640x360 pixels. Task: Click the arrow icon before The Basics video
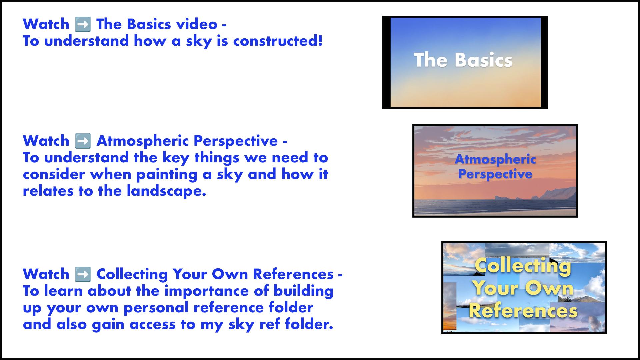83,25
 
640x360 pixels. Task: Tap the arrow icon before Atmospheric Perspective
83,141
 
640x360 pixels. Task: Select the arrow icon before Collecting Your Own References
83,275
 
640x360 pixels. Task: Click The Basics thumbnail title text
463,60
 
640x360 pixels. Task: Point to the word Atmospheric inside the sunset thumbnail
495,159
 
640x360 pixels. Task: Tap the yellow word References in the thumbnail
523,311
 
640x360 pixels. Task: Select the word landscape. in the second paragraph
166,191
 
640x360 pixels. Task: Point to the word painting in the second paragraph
167,175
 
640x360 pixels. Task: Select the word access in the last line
153,325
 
